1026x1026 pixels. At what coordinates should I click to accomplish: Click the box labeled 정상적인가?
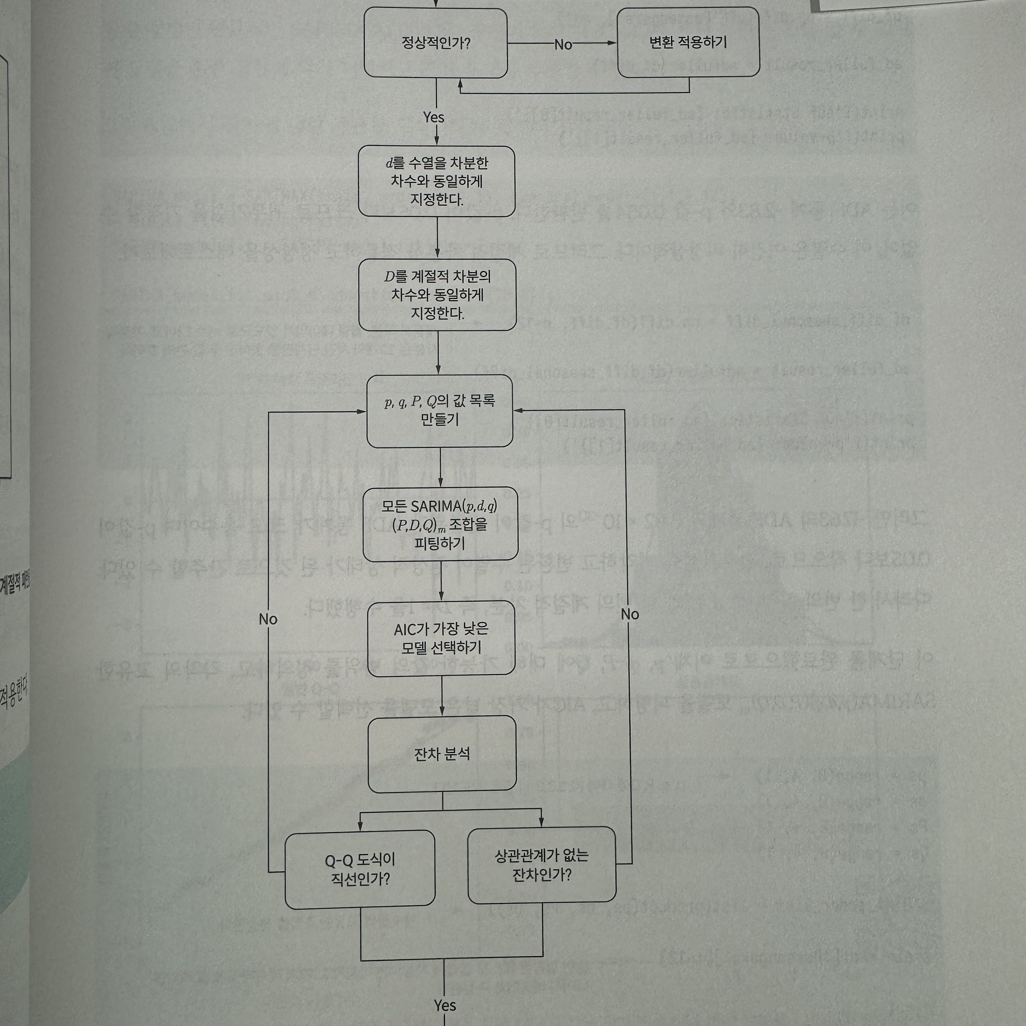point(435,42)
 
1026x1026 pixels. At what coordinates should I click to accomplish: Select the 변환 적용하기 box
point(688,42)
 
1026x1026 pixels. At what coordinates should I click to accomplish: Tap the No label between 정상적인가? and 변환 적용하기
point(563,44)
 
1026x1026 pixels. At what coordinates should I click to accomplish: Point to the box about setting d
point(437,181)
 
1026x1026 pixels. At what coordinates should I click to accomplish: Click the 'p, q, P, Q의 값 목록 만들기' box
point(440,411)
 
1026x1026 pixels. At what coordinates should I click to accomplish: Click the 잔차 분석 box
point(442,754)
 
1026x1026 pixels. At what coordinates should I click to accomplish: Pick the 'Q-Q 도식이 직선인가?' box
point(360,869)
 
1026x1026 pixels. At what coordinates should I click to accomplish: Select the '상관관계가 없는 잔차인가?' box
point(542,864)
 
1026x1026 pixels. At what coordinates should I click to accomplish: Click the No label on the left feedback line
point(268,619)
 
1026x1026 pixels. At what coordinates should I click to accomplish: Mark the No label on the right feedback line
point(630,614)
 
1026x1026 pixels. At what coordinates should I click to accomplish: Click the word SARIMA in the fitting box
point(436,506)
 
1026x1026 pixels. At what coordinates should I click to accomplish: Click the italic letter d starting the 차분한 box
point(389,163)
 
